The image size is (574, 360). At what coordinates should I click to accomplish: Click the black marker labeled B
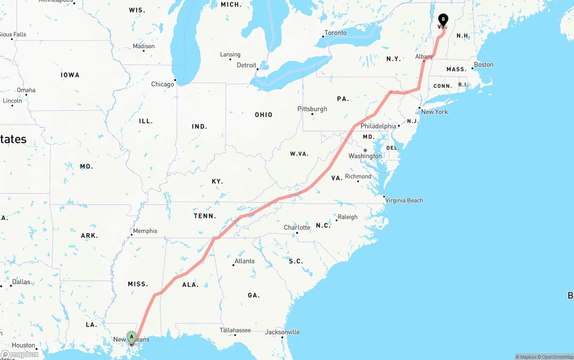(443, 20)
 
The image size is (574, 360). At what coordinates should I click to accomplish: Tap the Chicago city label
(162, 84)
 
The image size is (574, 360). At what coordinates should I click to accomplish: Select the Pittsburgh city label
(312, 109)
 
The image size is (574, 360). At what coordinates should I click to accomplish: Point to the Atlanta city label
(244, 261)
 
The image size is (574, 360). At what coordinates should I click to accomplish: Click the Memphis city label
(145, 231)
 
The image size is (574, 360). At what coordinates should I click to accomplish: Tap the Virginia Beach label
(404, 200)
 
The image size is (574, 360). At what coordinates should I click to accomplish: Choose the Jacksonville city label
(283, 332)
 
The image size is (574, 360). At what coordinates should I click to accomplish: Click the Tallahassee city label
(235, 330)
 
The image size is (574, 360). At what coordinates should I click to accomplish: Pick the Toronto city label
(335, 33)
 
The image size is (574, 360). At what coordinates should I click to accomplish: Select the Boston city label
(483, 65)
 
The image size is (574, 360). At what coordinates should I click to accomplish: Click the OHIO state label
(264, 115)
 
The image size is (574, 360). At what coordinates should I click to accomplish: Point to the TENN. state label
(205, 216)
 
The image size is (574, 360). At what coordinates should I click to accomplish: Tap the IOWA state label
(70, 75)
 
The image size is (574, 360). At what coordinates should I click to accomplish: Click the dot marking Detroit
(257, 69)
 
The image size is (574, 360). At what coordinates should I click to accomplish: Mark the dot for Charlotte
(297, 233)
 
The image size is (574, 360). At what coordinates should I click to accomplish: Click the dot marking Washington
(365, 150)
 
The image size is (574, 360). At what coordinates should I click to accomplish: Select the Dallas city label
(22, 282)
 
